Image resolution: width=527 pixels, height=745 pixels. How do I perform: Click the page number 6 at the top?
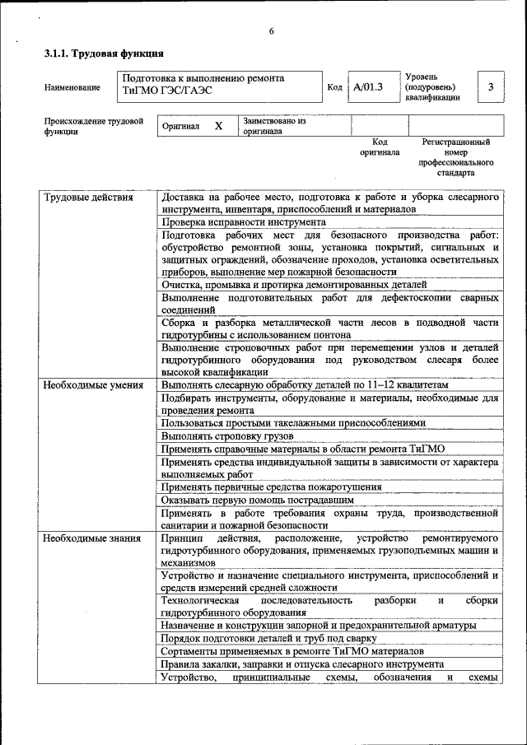270,32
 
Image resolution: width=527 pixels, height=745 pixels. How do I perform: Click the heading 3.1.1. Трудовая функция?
97,54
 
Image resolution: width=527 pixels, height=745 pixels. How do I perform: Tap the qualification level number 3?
491,86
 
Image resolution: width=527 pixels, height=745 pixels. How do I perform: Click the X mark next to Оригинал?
218,126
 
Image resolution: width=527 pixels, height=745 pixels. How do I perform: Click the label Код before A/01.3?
334,86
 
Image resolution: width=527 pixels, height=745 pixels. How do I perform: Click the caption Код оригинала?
380,147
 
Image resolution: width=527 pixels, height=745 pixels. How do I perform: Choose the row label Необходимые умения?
93,384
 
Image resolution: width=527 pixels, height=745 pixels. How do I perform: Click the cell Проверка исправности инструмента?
243,222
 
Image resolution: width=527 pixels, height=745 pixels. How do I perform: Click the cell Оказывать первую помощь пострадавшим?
258,499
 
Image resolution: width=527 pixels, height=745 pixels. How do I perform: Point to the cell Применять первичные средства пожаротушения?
271,487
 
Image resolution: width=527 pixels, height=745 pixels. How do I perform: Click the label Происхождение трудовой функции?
93,126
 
